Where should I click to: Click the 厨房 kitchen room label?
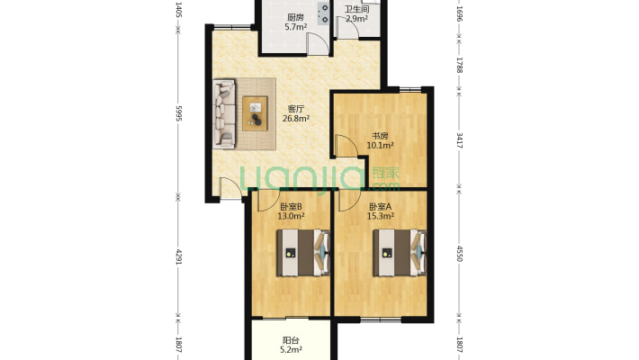(x=295, y=17)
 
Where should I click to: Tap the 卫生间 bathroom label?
(x=357, y=9)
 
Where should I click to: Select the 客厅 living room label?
(x=296, y=109)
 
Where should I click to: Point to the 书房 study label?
(x=380, y=136)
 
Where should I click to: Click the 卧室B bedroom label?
(x=291, y=207)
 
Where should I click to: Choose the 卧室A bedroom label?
(x=380, y=207)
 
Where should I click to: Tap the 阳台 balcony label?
(x=291, y=340)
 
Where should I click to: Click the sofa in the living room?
(x=224, y=112)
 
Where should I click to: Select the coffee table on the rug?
(x=255, y=113)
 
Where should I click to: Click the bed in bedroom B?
(x=303, y=253)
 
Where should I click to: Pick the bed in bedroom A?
(x=400, y=253)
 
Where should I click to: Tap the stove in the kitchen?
(x=323, y=13)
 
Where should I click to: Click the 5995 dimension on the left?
(x=178, y=112)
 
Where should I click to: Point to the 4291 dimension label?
(x=178, y=256)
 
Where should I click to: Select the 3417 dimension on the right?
(x=460, y=139)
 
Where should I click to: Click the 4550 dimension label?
(x=460, y=253)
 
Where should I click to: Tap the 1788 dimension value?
(x=460, y=65)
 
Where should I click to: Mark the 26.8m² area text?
(x=296, y=118)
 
